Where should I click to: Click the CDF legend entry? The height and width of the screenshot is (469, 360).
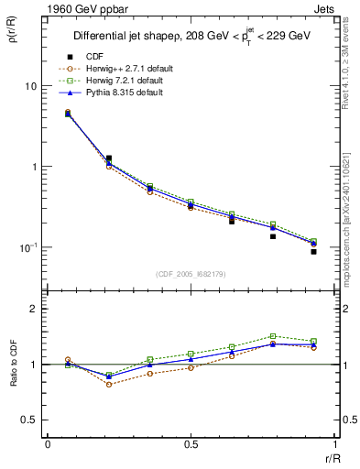(x=94, y=57)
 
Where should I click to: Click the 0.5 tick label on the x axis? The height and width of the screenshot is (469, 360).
(x=191, y=443)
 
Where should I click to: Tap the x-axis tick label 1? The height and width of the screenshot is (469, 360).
(x=334, y=443)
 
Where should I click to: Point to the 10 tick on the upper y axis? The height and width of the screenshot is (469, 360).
(x=29, y=86)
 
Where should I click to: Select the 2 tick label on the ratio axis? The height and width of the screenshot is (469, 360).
(x=33, y=309)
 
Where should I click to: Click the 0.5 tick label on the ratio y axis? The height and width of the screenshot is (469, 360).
(x=29, y=420)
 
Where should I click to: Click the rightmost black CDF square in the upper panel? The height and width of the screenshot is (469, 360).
(x=313, y=251)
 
